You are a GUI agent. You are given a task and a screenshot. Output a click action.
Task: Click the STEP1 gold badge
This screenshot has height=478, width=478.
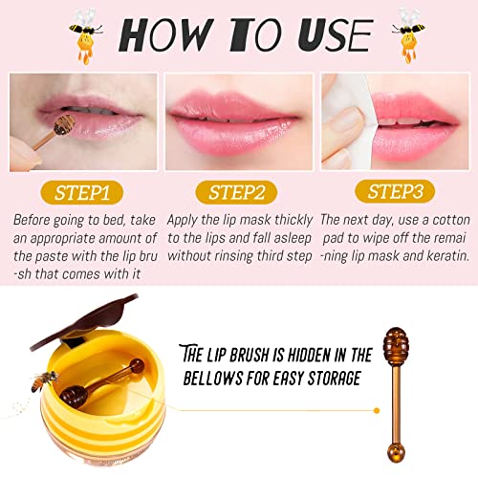(x=82, y=192)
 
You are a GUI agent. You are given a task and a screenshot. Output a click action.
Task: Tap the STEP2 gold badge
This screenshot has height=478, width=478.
(x=236, y=192)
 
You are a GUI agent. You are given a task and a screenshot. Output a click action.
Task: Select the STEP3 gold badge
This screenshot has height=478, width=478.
(x=395, y=191)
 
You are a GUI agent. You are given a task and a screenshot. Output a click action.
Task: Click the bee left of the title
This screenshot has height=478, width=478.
(x=86, y=35)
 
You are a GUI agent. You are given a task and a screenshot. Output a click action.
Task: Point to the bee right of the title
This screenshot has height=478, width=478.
(x=409, y=35)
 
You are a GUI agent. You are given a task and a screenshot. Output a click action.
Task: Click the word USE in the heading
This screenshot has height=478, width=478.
(x=336, y=35)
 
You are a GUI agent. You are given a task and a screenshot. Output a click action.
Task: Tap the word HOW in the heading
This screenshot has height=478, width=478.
(x=165, y=35)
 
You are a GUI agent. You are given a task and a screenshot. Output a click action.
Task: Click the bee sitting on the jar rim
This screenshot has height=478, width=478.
(x=44, y=380)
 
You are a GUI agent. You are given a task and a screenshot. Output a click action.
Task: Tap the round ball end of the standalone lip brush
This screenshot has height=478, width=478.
(x=396, y=453)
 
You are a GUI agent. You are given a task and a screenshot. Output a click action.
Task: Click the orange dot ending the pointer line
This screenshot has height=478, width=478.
(x=377, y=411)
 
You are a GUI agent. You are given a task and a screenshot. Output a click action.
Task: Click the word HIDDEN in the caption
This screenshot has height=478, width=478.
(x=308, y=355)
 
